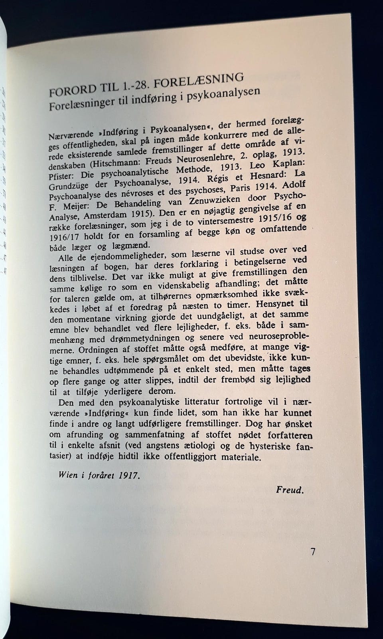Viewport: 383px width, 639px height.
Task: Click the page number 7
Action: [x=313, y=552]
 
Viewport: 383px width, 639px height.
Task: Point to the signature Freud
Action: [x=290, y=490]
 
